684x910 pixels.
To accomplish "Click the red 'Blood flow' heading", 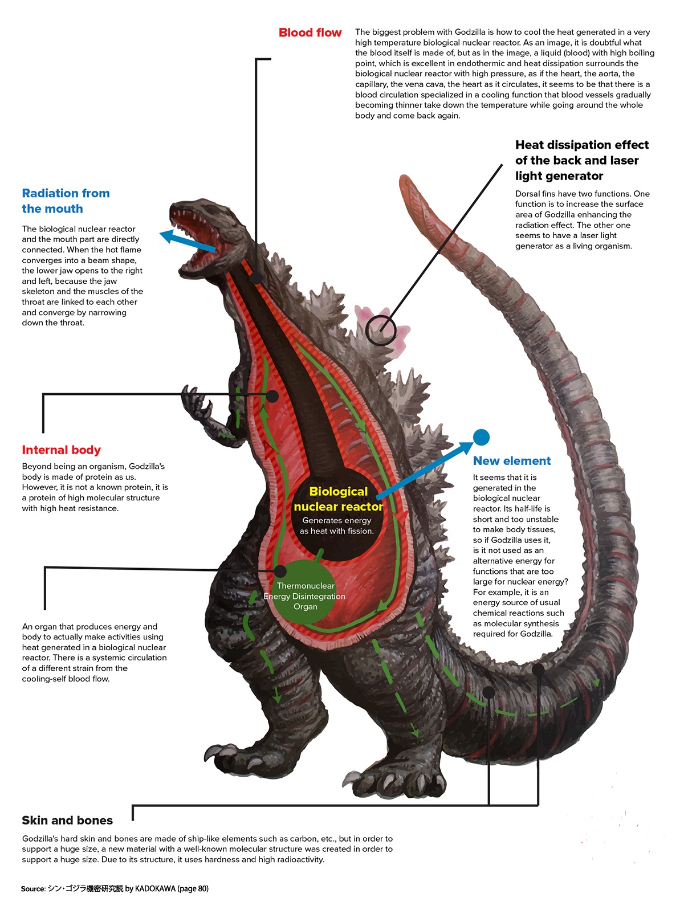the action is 310,32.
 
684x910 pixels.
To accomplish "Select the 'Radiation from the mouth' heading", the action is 66,201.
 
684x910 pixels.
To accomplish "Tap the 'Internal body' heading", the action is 62,450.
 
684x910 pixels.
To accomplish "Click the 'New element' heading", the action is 511,460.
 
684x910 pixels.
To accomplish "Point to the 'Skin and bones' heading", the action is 67,820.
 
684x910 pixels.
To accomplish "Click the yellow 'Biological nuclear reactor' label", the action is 338,499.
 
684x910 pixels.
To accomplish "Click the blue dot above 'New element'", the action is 481,437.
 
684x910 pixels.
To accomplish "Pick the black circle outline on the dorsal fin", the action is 381,330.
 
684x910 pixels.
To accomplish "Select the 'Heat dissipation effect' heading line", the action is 582,145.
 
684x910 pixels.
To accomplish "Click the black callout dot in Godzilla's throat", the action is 256,278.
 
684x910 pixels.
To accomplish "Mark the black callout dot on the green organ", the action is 280,572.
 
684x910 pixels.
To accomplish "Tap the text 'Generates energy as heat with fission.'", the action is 337,525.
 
